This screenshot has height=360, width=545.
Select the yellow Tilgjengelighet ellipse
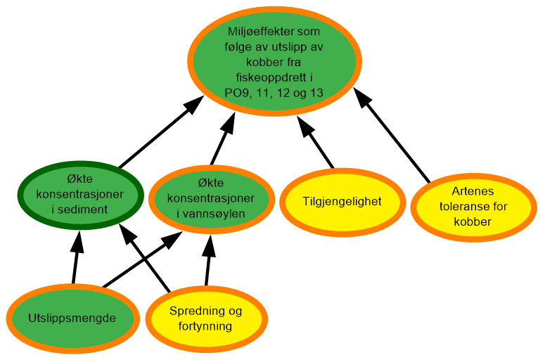coord(342,202)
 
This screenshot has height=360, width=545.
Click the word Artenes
coord(473,191)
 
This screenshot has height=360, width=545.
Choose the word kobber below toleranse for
coord(473,222)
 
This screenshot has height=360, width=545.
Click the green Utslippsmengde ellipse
coord(72,318)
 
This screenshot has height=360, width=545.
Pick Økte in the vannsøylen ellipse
coord(210,183)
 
